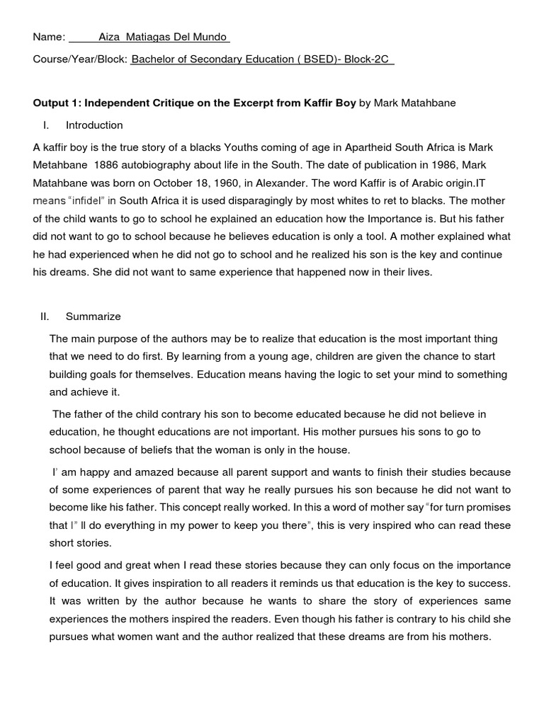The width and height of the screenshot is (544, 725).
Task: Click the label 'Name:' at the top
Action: click(49, 38)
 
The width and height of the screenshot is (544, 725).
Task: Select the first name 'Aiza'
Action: click(110, 38)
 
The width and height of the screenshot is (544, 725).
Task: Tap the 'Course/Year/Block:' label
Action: click(79, 60)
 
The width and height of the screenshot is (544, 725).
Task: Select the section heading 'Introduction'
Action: click(94, 125)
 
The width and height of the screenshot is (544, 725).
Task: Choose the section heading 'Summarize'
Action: click(93, 316)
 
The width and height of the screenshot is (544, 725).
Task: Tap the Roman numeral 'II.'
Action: click(45, 316)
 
